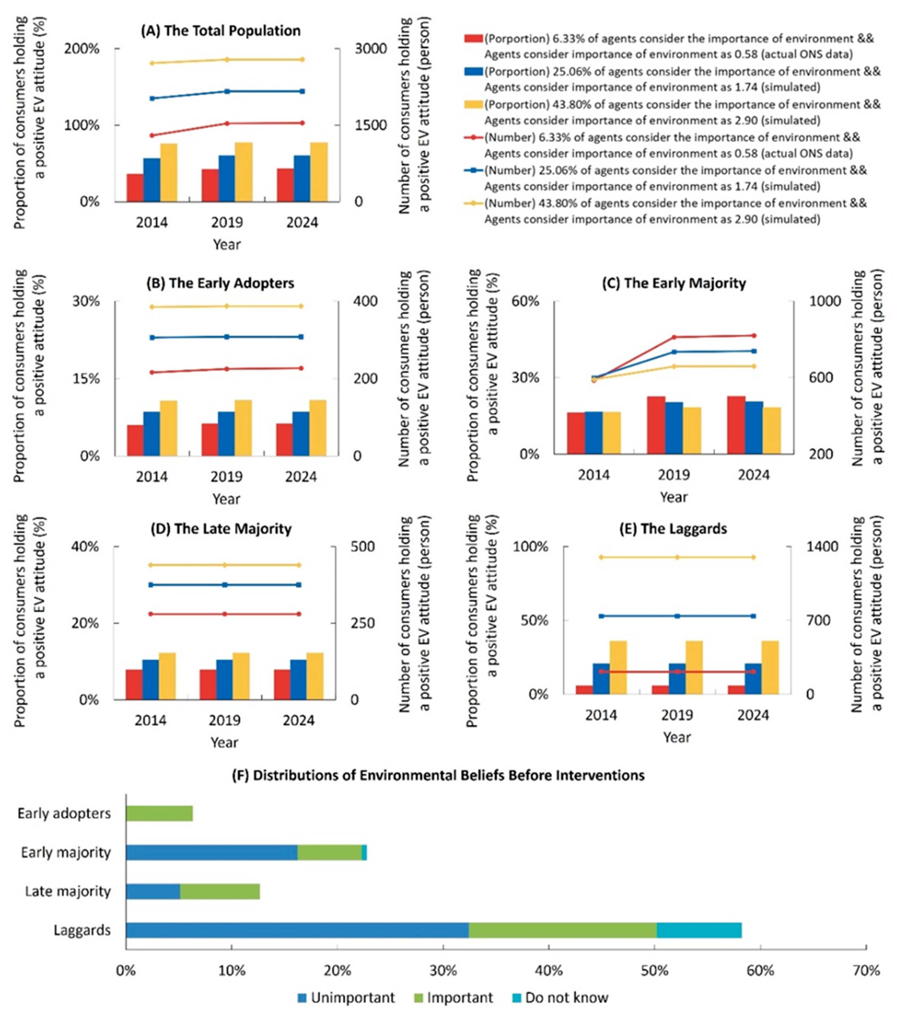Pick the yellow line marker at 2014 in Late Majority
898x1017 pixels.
pos(151,565)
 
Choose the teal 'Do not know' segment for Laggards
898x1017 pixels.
pos(699,930)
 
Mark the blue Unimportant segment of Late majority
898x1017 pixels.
pos(153,891)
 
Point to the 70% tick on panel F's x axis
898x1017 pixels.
pos(866,971)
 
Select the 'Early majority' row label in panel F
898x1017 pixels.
pos(66,852)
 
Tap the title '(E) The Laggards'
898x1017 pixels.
pos(673,528)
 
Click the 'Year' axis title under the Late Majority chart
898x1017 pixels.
pos(224,742)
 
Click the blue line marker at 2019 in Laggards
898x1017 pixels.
pos(677,616)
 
